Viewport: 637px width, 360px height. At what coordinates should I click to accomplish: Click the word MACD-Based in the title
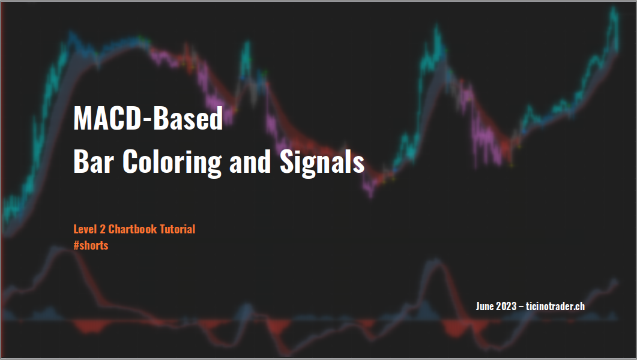click(x=148, y=118)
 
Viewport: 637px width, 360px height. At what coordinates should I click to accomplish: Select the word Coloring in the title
click(x=172, y=163)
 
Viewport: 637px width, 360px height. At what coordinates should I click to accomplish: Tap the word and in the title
click(x=250, y=161)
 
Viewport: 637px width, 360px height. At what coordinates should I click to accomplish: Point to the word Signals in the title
click(x=322, y=163)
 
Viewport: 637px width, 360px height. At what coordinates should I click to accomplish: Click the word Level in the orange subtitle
click(x=85, y=229)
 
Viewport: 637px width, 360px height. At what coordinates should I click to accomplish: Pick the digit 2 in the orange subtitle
click(x=103, y=229)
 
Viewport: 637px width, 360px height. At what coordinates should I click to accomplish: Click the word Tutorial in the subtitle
click(x=178, y=229)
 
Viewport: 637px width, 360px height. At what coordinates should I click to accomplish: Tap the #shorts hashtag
click(x=91, y=245)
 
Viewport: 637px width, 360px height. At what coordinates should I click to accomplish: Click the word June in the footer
click(x=485, y=306)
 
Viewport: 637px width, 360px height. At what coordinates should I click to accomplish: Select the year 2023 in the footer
click(x=506, y=306)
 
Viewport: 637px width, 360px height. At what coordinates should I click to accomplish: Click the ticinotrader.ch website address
click(x=555, y=306)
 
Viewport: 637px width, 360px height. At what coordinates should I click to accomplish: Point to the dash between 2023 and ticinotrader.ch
click(x=521, y=307)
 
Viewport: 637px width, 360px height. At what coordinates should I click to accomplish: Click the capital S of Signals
click(x=287, y=161)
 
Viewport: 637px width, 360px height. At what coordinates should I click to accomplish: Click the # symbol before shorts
click(x=76, y=245)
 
